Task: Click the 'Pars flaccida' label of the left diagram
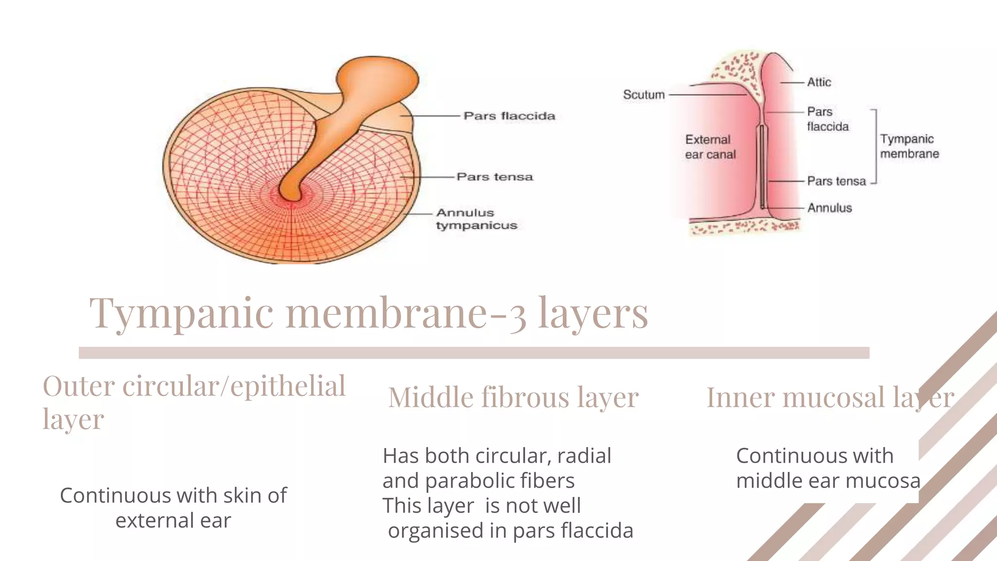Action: pos(509,116)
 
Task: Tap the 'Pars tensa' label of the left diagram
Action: pos(495,177)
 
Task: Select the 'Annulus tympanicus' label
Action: pos(477,219)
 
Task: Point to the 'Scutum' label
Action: pos(644,94)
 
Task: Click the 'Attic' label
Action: pos(819,82)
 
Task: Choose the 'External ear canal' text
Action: pos(710,147)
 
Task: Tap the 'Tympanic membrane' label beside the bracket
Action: pos(909,146)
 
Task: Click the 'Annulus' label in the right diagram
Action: pos(830,208)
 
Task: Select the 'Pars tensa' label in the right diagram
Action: pos(836,181)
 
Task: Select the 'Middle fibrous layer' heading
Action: pos(513,397)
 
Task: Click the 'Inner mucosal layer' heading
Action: pos(830,397)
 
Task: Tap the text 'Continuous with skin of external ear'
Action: pos(173,507)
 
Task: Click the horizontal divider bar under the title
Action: pos(474,353)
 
